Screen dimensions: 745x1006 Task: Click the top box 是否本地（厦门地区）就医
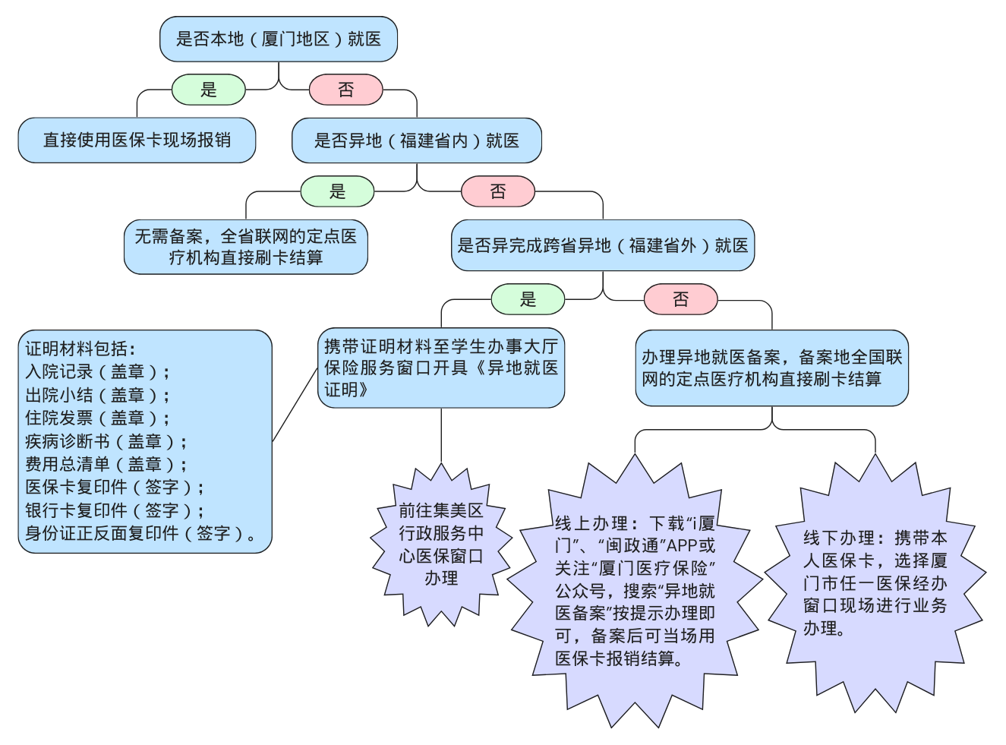pyautogui.click(x=278, y=39)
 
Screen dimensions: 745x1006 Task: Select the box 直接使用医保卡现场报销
pyautogui.click(x=137, y=140)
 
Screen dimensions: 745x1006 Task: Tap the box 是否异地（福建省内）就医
pyautogui.click(x=416, y=140)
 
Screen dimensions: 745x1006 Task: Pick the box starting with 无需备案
pyautogui.click(x=245, y=248)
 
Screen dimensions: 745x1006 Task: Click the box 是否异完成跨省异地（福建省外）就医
pyautogui.click(x=602, y=245)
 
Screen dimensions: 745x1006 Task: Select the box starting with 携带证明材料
pyautogui.click(x=440, y=368)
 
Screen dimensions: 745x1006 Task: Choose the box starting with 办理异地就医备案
pyautogui.click(x=771, y=368)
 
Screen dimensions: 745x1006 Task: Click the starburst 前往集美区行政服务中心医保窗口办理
pyautogui.click(x=440, y=545)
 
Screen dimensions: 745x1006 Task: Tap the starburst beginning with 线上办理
pyautogui.click(x=635, y=591)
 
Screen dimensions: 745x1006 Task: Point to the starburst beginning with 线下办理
pyautogui.click(x=875, y=583)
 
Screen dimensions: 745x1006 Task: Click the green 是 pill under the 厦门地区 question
pyautogui.click(x=209, y=90)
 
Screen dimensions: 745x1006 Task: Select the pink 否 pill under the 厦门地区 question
pyautogui.click(x=345, y=90)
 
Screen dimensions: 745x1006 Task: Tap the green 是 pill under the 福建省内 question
pyautogui.click(x=337, y=191)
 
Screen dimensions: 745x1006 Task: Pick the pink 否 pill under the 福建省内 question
pyautogui.click(x=497, y=191)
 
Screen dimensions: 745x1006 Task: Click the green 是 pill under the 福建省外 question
pyautogui.click(x=528, y=299)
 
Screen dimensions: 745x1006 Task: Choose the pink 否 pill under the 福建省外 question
pyautogui.click(x=680, y=299)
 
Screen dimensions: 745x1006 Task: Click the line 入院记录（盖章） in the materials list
pyautogui.click(x=97, y=372)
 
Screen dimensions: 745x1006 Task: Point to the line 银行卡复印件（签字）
pyautogui.click(x=114, y=510)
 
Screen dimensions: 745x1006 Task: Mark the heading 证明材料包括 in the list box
pyautogui.click(x=80, y=349)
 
